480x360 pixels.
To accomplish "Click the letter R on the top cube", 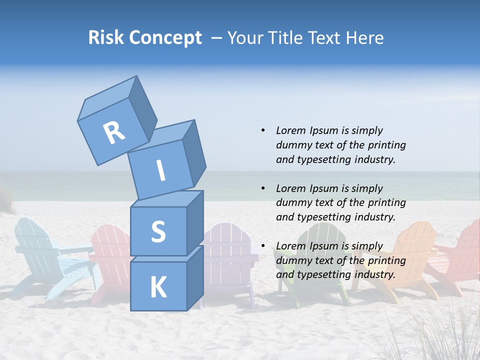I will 114,133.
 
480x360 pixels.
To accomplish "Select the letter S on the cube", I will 158,231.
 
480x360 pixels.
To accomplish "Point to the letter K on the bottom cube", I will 158,288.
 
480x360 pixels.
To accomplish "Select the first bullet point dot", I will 263,130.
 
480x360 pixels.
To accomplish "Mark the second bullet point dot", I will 263,188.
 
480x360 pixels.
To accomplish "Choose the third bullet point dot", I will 263,246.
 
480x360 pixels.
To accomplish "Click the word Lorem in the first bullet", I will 290,130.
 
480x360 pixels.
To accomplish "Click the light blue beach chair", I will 40,255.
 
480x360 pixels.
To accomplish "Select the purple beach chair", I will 230,260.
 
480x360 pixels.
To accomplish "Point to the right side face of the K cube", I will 195,277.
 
